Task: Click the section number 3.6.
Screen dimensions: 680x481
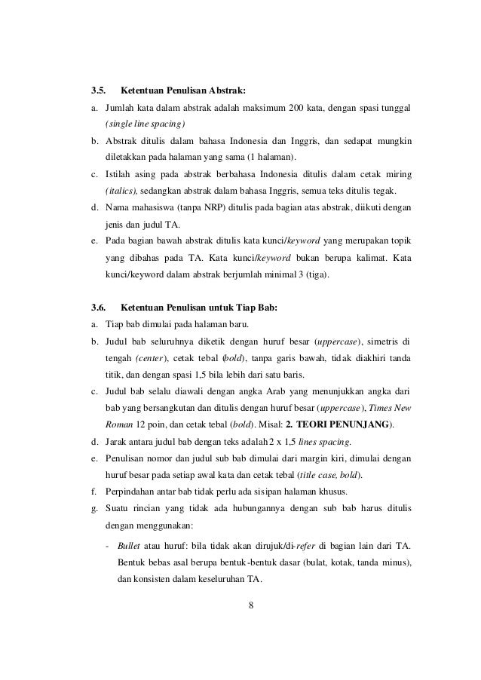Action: click(x=98, y=308)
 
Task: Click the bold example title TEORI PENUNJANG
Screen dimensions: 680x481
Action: click(x=339, y=424)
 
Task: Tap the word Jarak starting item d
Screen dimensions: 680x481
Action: click(x=118, y=441)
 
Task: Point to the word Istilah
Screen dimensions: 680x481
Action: click(x=119, y=174)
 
